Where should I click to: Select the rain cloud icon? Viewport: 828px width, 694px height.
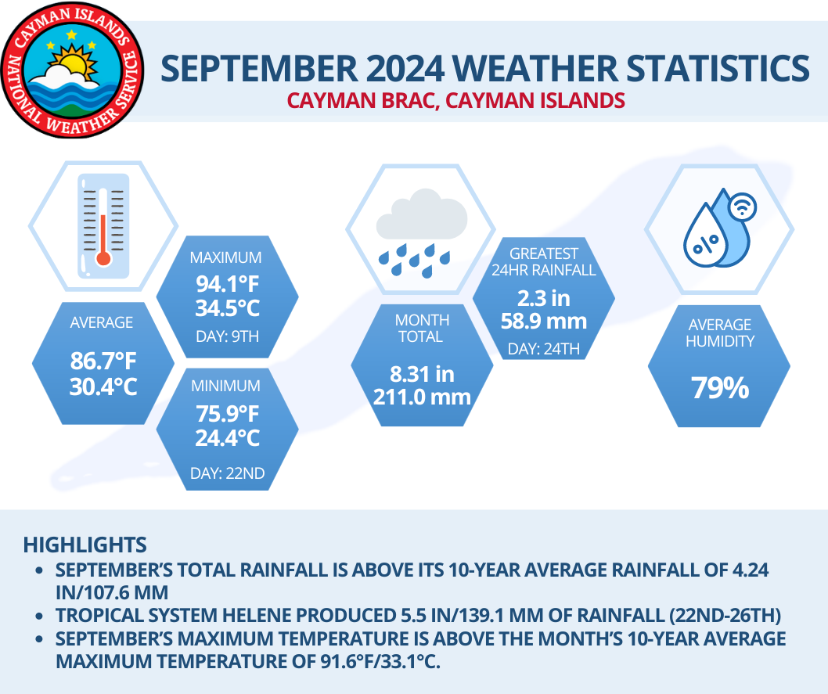point(420,231)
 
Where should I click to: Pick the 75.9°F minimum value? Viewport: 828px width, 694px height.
point(227,413)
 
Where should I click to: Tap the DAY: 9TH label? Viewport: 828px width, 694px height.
point(227,338)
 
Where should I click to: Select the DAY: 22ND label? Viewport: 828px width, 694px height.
point(227,473)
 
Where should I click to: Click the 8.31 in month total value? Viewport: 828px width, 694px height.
point(422,375)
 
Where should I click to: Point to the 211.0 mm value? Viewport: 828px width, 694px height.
point(422,397)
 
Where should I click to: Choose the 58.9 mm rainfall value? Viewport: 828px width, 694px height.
point(543,320)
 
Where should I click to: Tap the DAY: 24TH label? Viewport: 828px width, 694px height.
point(543,349)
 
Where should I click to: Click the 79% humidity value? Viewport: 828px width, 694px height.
point(719,387)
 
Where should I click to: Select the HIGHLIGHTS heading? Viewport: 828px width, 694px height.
point(85,544)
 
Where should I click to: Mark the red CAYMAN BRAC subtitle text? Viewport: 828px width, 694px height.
point(455,101)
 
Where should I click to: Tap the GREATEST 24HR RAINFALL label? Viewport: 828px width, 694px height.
point(543,261)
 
